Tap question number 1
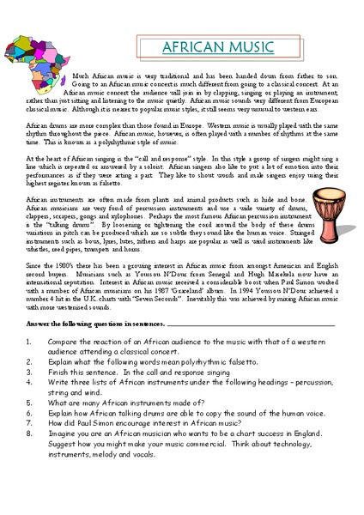[29, 342]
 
